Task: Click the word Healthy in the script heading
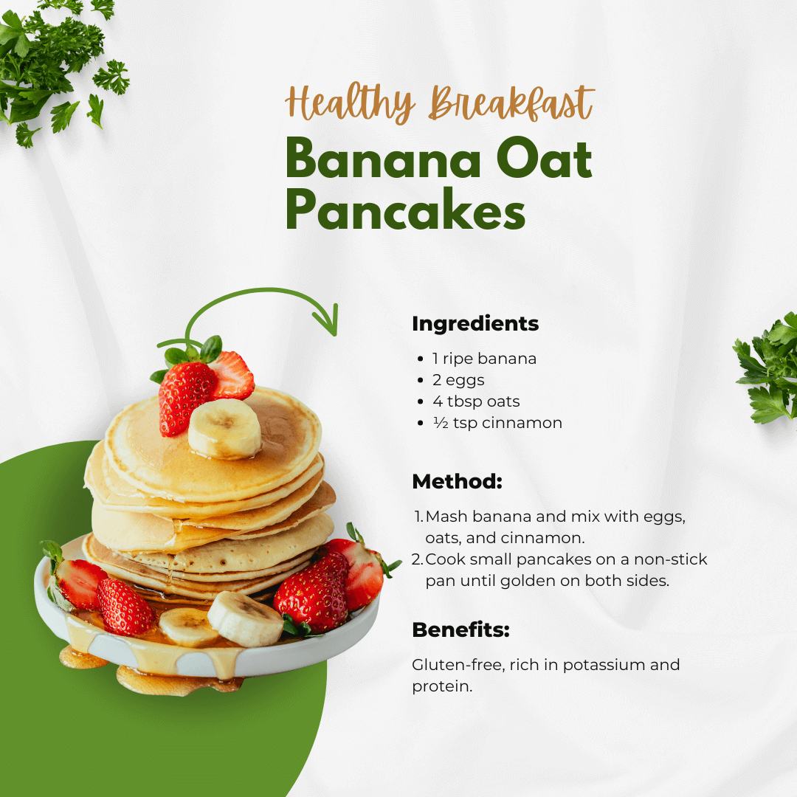point(350,104)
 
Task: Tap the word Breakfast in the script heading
point(511,103)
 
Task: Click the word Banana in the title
point(383,159)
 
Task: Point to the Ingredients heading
point(475,324)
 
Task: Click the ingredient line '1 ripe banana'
point(484,359)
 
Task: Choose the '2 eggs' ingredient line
point(458,381)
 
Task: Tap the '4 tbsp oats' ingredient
point(476,401)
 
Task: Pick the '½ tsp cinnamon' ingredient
point(497,423)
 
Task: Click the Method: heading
point(457,481)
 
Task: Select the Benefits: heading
point(460,629)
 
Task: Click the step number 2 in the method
point(416,559)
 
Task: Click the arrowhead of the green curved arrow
point(327,321)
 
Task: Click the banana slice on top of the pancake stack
point(224,429)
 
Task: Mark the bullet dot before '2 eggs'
point(420,380)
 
